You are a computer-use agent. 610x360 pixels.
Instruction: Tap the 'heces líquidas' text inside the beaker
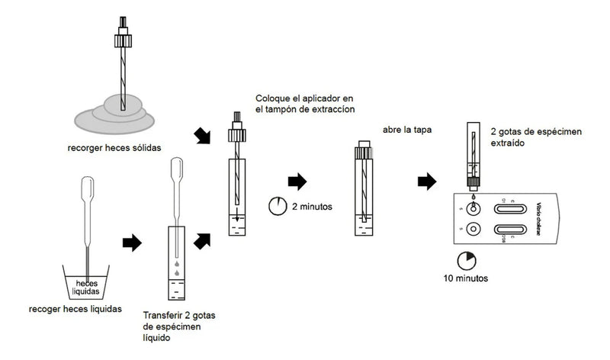86,287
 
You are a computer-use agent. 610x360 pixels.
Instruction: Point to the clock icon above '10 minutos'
465,259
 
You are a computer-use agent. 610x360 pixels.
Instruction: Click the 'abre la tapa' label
404,130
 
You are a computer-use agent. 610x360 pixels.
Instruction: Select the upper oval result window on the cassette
511,204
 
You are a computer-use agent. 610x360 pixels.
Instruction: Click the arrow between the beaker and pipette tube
132,243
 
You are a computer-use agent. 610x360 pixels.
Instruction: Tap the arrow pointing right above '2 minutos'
297,182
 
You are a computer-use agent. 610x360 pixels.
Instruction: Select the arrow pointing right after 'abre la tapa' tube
426,182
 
